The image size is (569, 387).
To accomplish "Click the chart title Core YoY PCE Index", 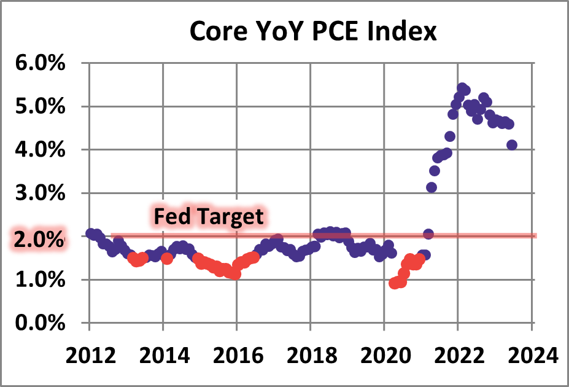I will coord(313,31).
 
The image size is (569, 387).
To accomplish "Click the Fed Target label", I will coord(208,217).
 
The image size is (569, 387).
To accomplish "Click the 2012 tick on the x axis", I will coord(90,355).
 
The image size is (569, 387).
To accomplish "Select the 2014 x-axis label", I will coord(163,355).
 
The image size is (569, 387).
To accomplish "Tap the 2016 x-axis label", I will coord(237,355).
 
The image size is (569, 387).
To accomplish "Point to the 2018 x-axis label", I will coord(311,355).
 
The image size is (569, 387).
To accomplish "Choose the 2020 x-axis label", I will coord(384,355).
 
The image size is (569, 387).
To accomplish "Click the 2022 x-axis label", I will coord(458,355).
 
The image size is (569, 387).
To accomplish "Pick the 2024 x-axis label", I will coord(532,355).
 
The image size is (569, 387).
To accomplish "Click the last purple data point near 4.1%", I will coord(512,145).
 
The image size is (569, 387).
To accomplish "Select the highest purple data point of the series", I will coord(462,88).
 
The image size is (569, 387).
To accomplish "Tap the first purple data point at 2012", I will coord(91,233).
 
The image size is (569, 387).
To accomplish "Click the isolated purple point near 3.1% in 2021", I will coord(432,187).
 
